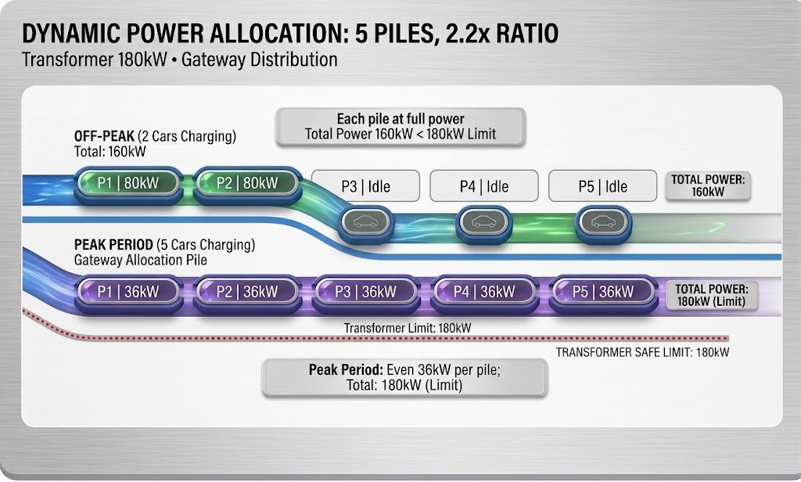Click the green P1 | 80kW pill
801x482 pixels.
(128, 184)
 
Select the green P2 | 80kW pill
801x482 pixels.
(246, 184)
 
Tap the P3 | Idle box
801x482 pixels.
(365, 186)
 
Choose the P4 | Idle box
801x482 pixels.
(483, 186)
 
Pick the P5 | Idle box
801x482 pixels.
(603, 186)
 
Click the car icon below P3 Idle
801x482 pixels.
(366, 223)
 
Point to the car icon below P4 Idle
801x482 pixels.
(483, 223)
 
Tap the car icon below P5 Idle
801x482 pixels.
(603, 223)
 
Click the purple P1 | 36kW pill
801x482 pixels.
(128, 292)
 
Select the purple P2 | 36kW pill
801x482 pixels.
(246, 292)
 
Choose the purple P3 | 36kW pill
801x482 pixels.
(366, 292)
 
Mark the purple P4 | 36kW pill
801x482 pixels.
(484, 292)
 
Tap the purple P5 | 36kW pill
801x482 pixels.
(603, 292)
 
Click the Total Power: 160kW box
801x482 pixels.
(707, 185)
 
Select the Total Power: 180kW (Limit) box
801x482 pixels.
(712, 295)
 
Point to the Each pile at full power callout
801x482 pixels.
(400, 127)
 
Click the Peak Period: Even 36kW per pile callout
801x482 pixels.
(404, 377)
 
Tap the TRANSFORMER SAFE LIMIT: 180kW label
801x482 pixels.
(643, 352)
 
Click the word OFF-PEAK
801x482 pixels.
(104, 136)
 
